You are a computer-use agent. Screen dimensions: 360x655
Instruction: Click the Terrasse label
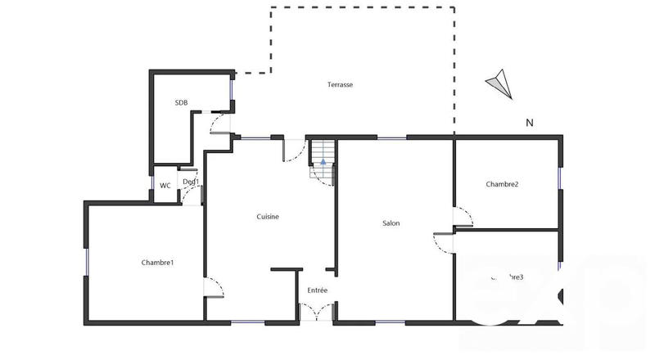point(340,85)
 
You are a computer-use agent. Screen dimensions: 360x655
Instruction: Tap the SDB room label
point(181,102)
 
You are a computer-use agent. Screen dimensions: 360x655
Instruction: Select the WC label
point(165,186)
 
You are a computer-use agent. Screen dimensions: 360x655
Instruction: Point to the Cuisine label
point(268,217)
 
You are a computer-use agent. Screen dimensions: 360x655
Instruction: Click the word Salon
point(391,223)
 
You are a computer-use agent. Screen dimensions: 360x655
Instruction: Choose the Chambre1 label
point(157,263)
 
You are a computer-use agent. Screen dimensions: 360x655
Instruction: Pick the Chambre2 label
point(502,184)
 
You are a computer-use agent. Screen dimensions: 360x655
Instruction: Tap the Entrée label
point(318,290)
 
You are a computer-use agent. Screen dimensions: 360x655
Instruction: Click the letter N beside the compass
point(530,124)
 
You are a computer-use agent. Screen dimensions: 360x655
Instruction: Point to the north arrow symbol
point(500,83)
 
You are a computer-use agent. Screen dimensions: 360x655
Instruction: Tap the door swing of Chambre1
point(214,288)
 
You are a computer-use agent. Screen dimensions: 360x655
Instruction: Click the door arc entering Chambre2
point(464,217)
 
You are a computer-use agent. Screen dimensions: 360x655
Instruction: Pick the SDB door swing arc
point(219,123)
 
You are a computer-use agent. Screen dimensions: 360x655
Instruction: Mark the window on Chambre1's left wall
point(86,261)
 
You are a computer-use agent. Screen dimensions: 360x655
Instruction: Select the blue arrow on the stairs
point(323,163)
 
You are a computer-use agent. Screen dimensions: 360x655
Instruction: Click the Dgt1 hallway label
point(191,182)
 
